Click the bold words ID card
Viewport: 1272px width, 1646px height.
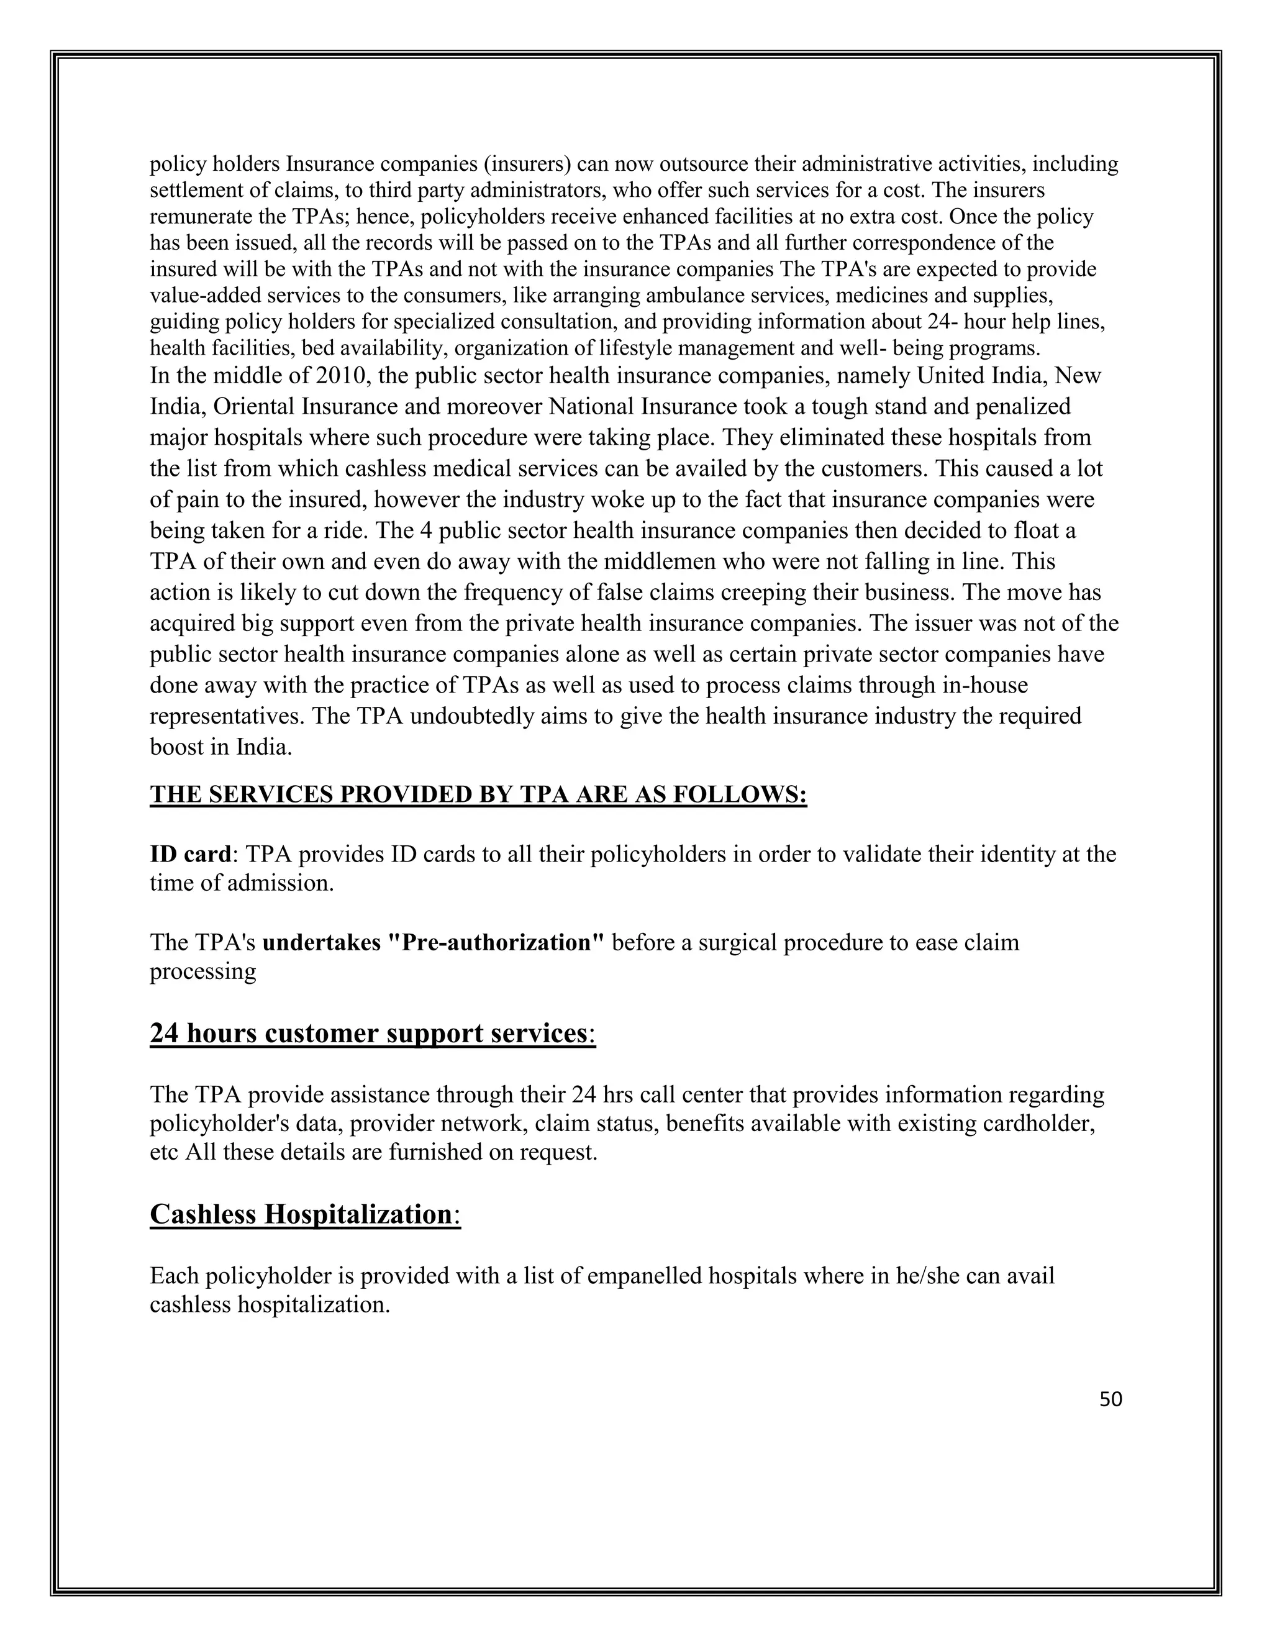coord(190,854)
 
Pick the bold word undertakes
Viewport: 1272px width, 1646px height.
coord(322,943)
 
